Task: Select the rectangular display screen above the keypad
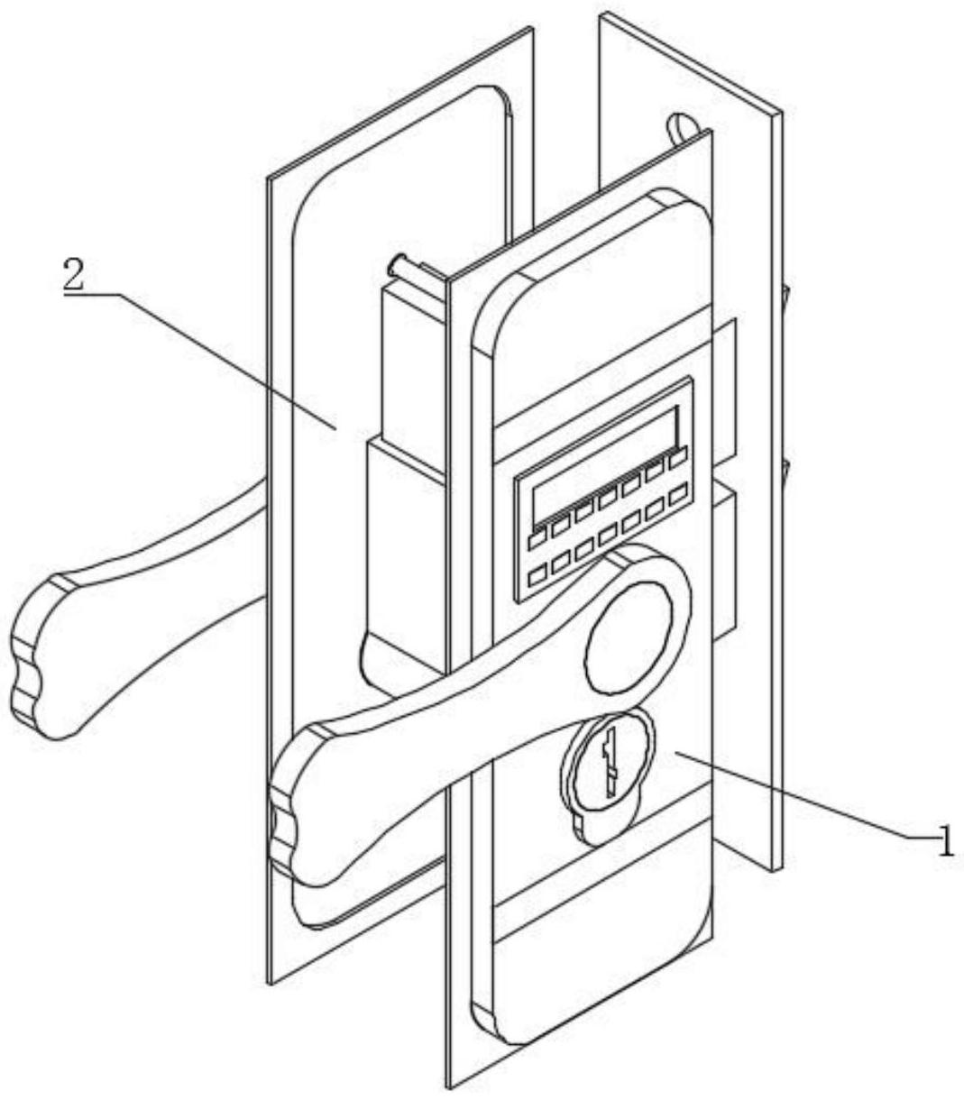click(604, 465)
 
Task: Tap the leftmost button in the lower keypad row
click(537, 573)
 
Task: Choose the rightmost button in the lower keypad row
click(678, 490)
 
